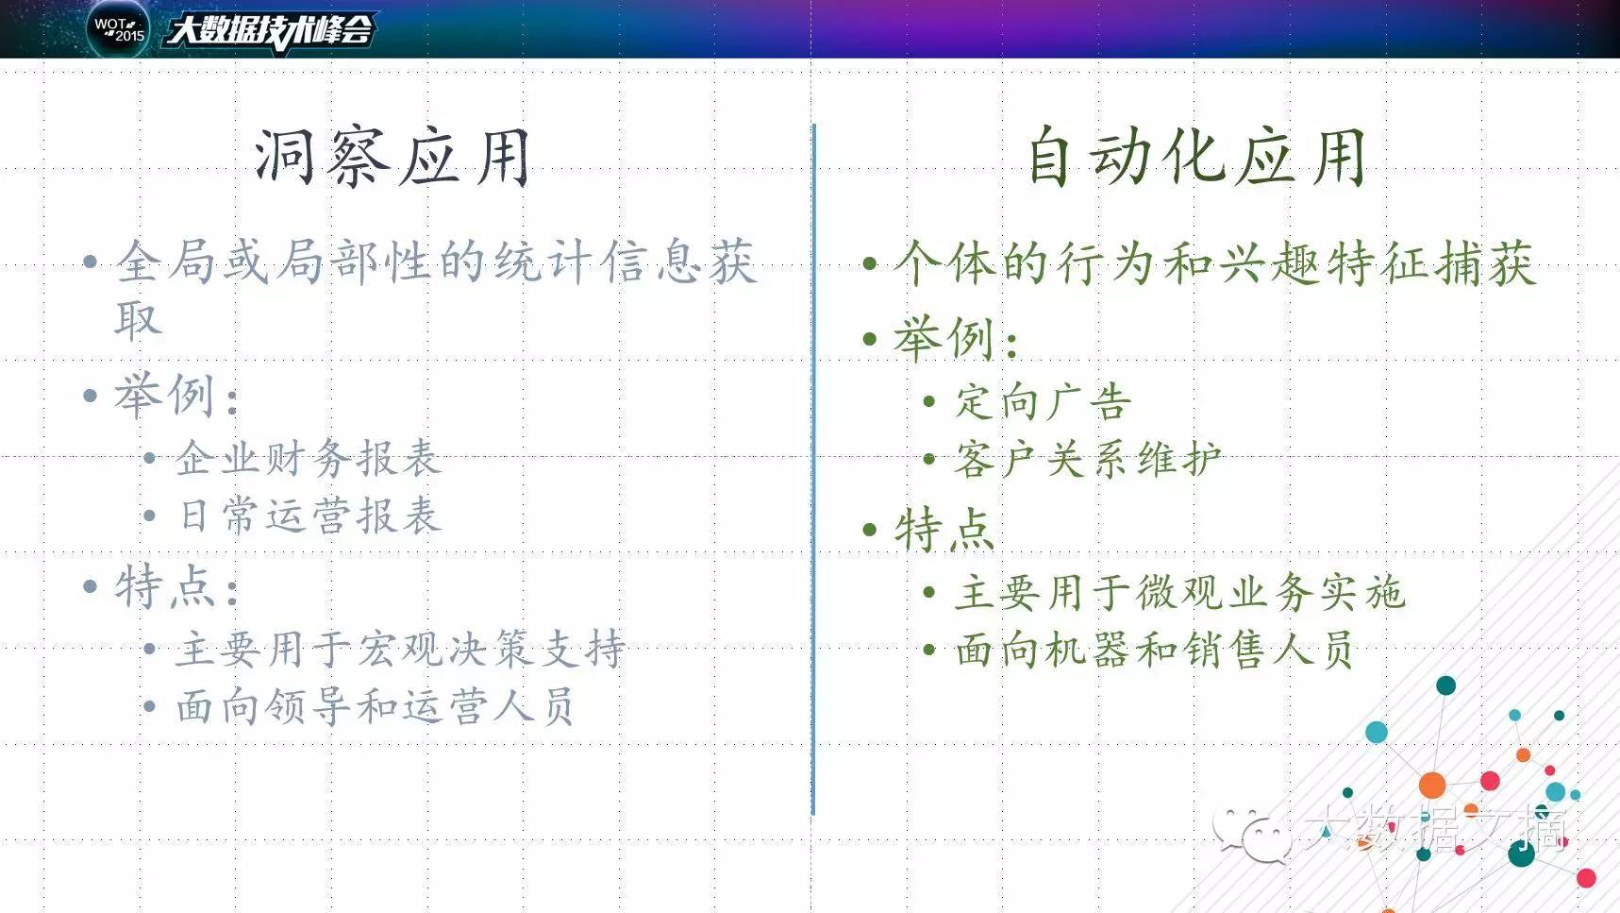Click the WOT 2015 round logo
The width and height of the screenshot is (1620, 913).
tap(118, 28)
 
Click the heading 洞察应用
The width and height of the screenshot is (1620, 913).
tap(392, 157)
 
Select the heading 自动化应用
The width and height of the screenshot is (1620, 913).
tap(1196, 156)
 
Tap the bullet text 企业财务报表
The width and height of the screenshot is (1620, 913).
tap(308, 459)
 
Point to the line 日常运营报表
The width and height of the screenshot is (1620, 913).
tap(309, 516)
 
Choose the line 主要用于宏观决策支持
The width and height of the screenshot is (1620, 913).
tap(400, 649)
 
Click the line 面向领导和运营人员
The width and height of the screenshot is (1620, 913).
tap(375, 706)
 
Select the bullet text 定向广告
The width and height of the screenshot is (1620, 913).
tap(1044, 402)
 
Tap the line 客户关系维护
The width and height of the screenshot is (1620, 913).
tap(1088, 460)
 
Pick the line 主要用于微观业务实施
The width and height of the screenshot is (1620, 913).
tap(1179, 593)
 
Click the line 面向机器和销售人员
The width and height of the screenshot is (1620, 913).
tap(1154, 651)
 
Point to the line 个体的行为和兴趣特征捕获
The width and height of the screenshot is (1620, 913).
tap(1215, 262)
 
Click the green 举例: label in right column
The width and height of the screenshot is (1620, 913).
tap(956, 338)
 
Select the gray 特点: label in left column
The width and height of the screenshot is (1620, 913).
tap(176, 587)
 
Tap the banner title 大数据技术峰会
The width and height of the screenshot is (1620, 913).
tap(271, 29)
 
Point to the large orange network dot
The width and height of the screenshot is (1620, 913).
tap(1432, 785)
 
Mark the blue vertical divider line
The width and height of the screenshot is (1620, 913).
tap(813, 469)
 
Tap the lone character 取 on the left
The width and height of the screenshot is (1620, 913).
tap(138, 319)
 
